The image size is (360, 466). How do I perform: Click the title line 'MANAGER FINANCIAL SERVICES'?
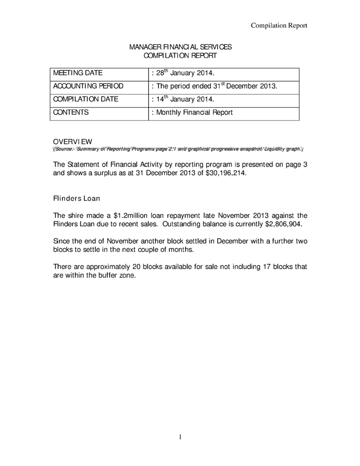pyautogui.click(x=180, y=48)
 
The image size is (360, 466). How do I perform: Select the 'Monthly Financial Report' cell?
pyautogui.click(x=193, y=112)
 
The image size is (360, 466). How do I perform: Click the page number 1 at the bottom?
pyautogui.click(x=180, y=437)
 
